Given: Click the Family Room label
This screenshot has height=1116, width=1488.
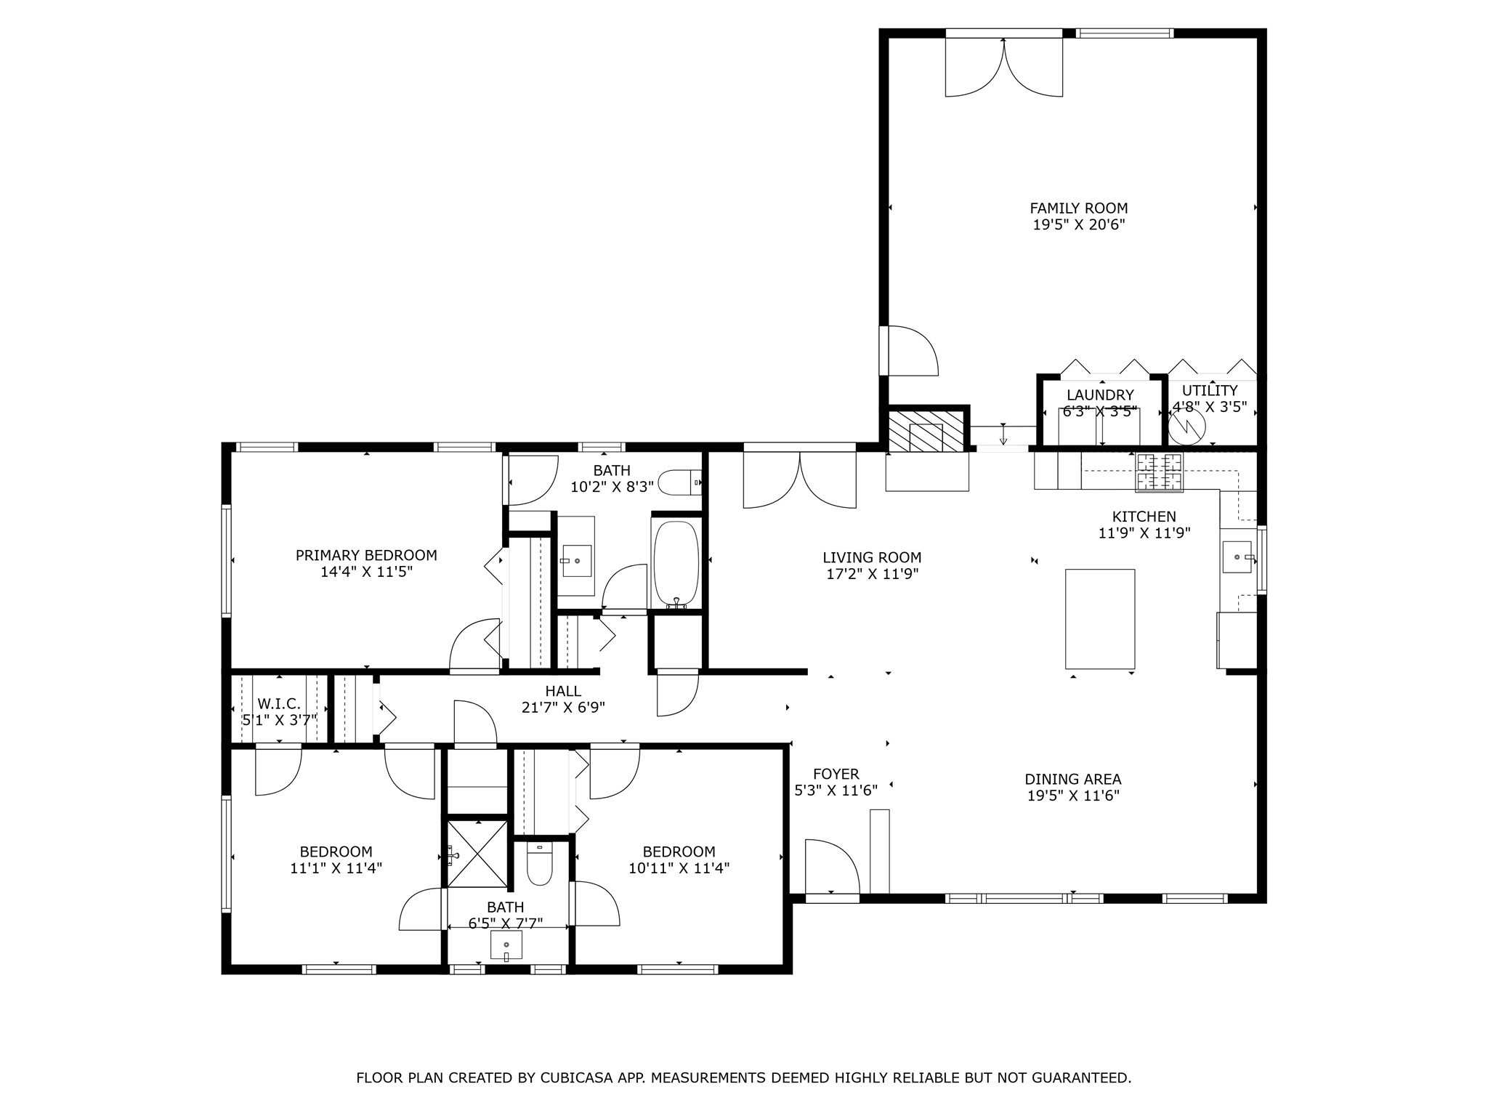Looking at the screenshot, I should point(1079,209).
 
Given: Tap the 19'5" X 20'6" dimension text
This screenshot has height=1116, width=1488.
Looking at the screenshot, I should point(1079,225).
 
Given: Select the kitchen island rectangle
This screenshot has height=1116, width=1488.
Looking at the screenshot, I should point(1099,618).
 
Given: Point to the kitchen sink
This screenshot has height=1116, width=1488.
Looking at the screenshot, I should point(1237,557).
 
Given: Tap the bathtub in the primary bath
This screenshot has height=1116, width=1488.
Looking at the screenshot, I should point(676,560).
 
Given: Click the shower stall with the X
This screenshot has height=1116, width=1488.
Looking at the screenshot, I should point(477,853).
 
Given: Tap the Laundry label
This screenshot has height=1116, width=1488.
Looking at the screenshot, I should point(1100,395).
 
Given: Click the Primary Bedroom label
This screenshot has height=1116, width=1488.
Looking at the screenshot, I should point(366,555).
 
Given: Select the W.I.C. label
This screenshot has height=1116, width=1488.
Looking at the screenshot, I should point(279,703).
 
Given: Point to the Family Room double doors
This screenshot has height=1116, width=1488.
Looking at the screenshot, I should point(1003,67).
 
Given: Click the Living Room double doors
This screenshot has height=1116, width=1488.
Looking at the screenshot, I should point(799,480).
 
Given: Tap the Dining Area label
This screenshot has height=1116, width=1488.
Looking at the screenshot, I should point(1072,779).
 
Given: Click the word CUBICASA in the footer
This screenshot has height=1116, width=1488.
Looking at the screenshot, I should point(575,1077).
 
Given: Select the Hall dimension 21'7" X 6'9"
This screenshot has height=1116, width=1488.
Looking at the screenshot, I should point(563,707).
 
